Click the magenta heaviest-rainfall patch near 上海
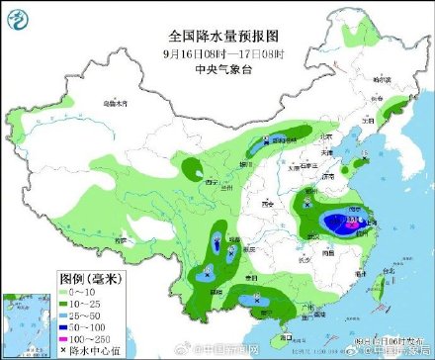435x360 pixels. [350, 225]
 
